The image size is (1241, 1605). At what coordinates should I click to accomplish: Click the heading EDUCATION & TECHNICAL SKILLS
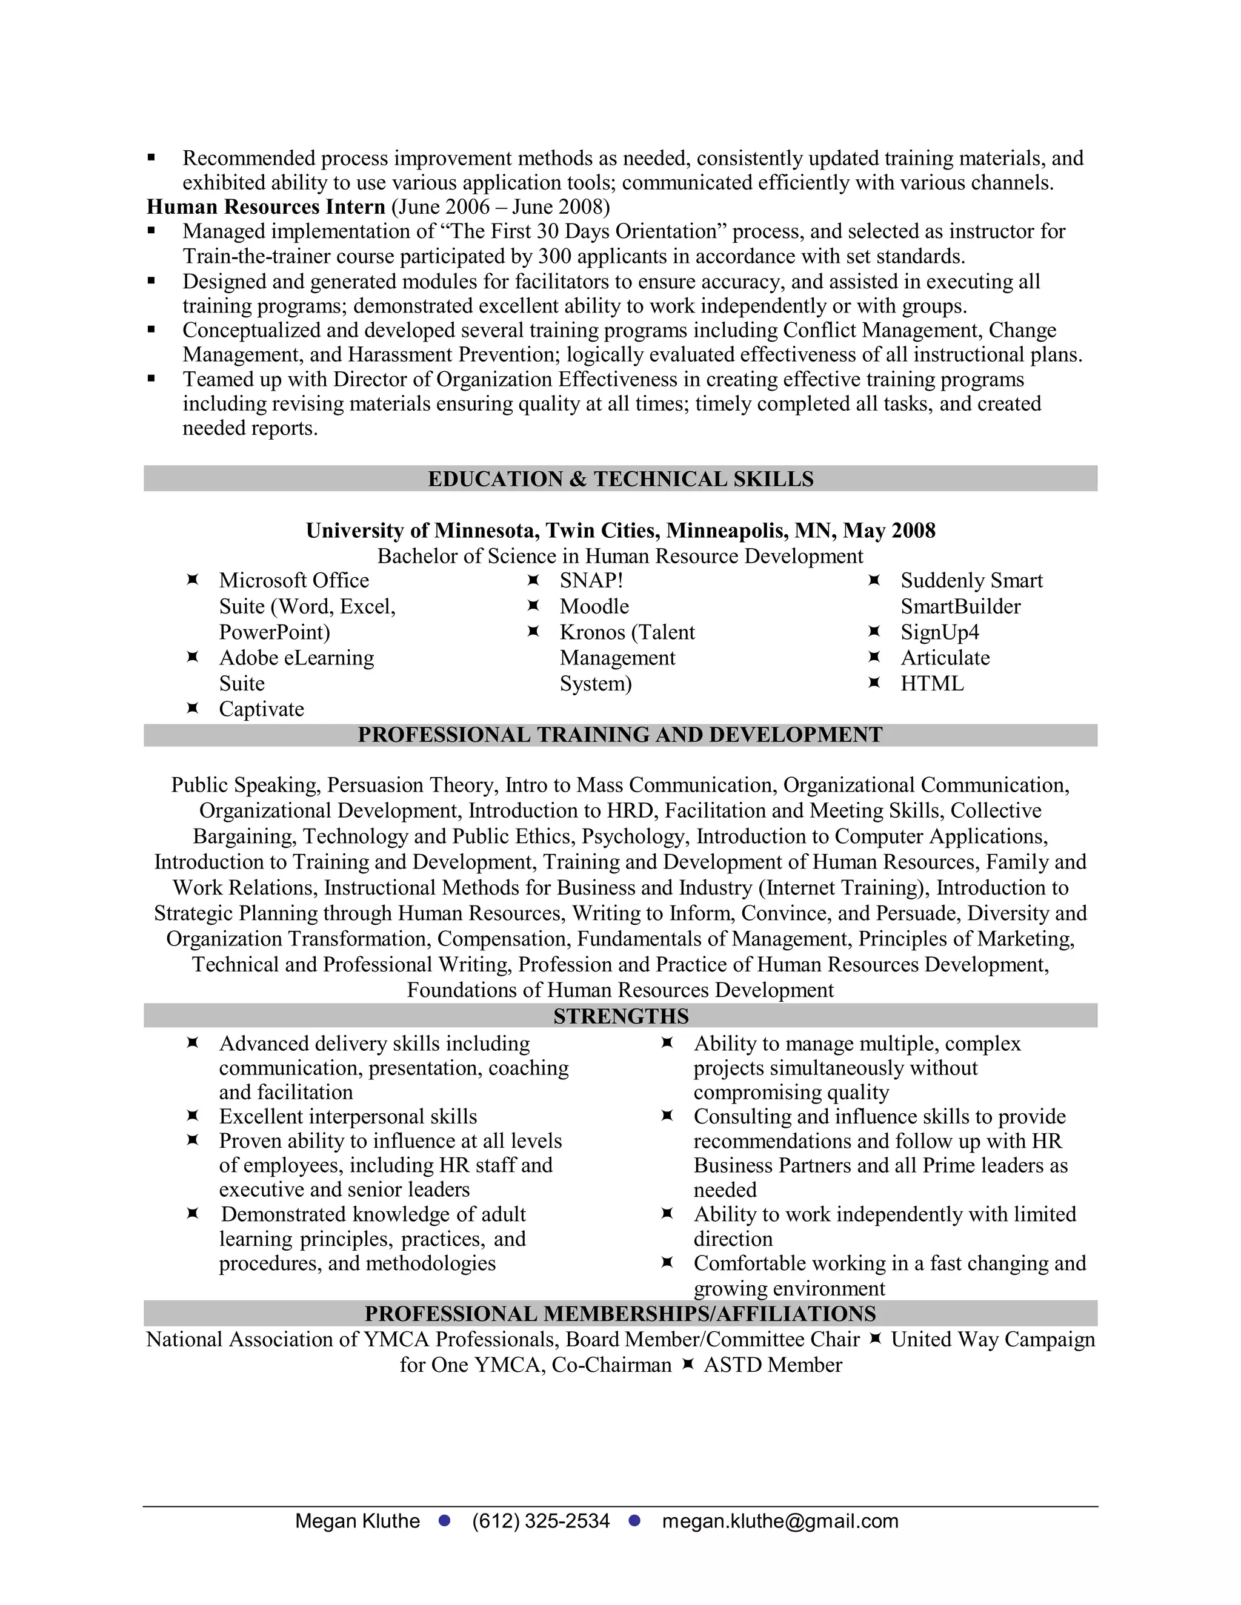click(x=620, y=479)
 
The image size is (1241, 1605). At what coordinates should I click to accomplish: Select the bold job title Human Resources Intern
click(x=265, y=207)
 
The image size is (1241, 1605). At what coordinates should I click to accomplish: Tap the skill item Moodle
click(x=594, y=606)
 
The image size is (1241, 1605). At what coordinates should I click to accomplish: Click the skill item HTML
click(x=931, y=683)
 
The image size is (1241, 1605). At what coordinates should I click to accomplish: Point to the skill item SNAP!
click(x=591, y=581)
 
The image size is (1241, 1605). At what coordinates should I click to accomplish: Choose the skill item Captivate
click(x=261, y=709)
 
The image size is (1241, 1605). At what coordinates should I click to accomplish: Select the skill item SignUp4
click(x=940, y=632)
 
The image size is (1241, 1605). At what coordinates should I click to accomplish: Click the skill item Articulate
click(x=945, y=658)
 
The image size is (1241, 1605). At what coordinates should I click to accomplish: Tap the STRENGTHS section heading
click(x=620, y=1016)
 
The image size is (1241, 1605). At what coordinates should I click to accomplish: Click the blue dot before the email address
click(x=635, y=1520)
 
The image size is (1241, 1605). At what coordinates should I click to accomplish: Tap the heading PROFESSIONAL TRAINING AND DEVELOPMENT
click(x=620, y=735)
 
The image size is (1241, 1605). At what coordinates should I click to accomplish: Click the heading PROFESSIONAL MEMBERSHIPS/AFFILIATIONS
click(x=620, y=1314)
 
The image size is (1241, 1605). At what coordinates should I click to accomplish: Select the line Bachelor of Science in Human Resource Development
click(x=620, y=557)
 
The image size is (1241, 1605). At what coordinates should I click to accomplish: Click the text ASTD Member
click(x=773, y=1365)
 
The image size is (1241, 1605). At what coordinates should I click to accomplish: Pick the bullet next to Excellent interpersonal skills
click(x=193, y=1116)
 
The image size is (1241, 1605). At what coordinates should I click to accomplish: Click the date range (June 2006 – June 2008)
click(x=500, y=207)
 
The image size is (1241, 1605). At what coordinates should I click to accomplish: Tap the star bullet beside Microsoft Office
click(x=193, y=580)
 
